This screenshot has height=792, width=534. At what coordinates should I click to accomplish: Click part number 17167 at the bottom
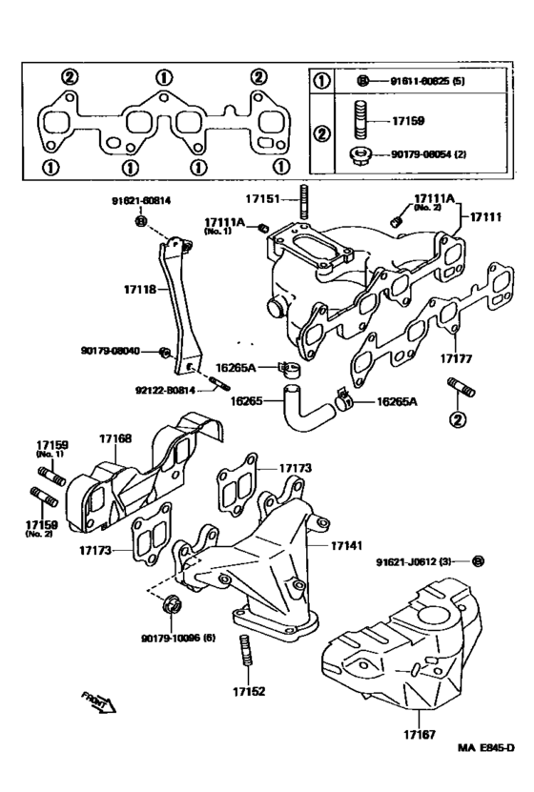(418, 735)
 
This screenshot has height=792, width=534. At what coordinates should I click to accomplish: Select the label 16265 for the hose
(247, 401)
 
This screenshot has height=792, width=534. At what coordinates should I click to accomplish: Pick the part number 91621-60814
(140, 201)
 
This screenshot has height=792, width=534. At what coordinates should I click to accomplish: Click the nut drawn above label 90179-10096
(172, 602)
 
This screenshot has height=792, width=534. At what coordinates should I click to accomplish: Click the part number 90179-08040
(111, 351)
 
